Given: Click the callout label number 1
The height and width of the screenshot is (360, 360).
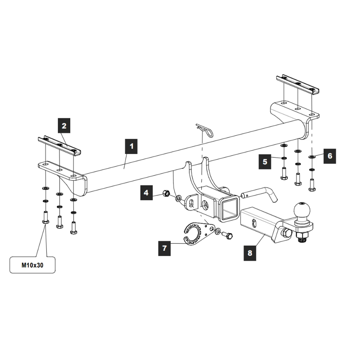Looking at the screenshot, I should point(131,146).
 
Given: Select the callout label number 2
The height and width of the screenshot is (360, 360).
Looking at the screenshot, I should point(64,126).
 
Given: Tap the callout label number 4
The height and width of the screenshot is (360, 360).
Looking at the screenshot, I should point(146,193).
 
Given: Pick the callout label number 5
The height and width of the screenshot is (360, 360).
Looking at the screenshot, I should point(265,162).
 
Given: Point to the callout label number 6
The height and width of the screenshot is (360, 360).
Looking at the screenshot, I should point(329,156).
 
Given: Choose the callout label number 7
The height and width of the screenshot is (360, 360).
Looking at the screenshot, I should point(165,248).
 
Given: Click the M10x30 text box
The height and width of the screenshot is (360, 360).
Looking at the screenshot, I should point(32,265).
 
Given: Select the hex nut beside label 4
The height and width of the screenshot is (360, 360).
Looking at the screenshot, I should point(166,194).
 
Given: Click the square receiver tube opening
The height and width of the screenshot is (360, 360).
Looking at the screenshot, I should point(228,208).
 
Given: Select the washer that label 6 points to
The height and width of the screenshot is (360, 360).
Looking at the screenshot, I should point(311,157).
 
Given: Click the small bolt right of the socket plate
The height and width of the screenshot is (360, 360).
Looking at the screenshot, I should point(228,235).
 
